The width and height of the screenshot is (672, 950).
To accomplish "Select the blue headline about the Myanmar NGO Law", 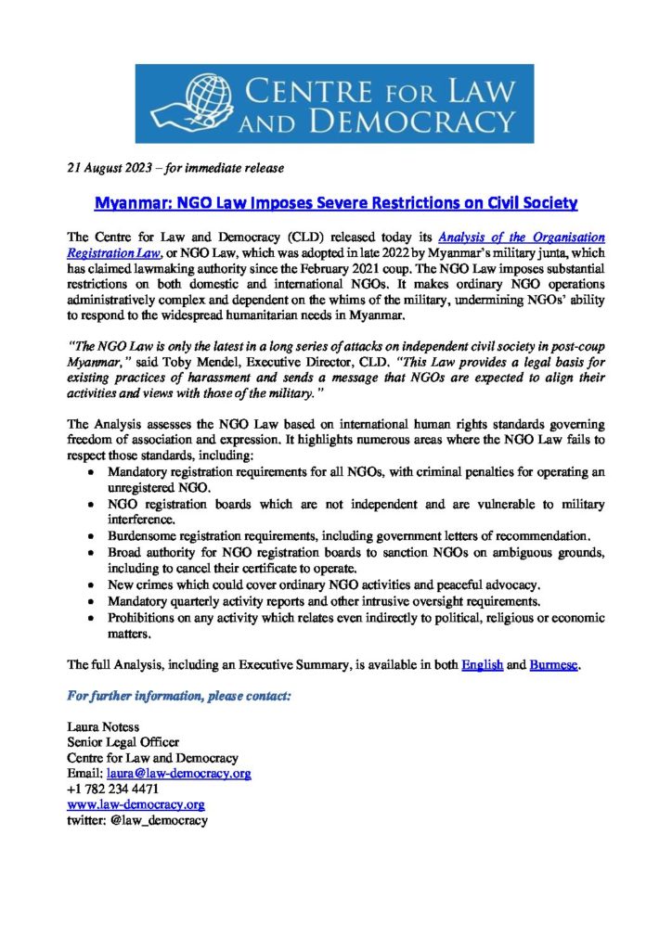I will (x=337, y=202).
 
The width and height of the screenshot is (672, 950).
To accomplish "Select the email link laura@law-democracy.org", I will (x=178, y=774).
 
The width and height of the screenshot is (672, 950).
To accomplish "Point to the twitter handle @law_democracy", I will (x=156, y=820).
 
